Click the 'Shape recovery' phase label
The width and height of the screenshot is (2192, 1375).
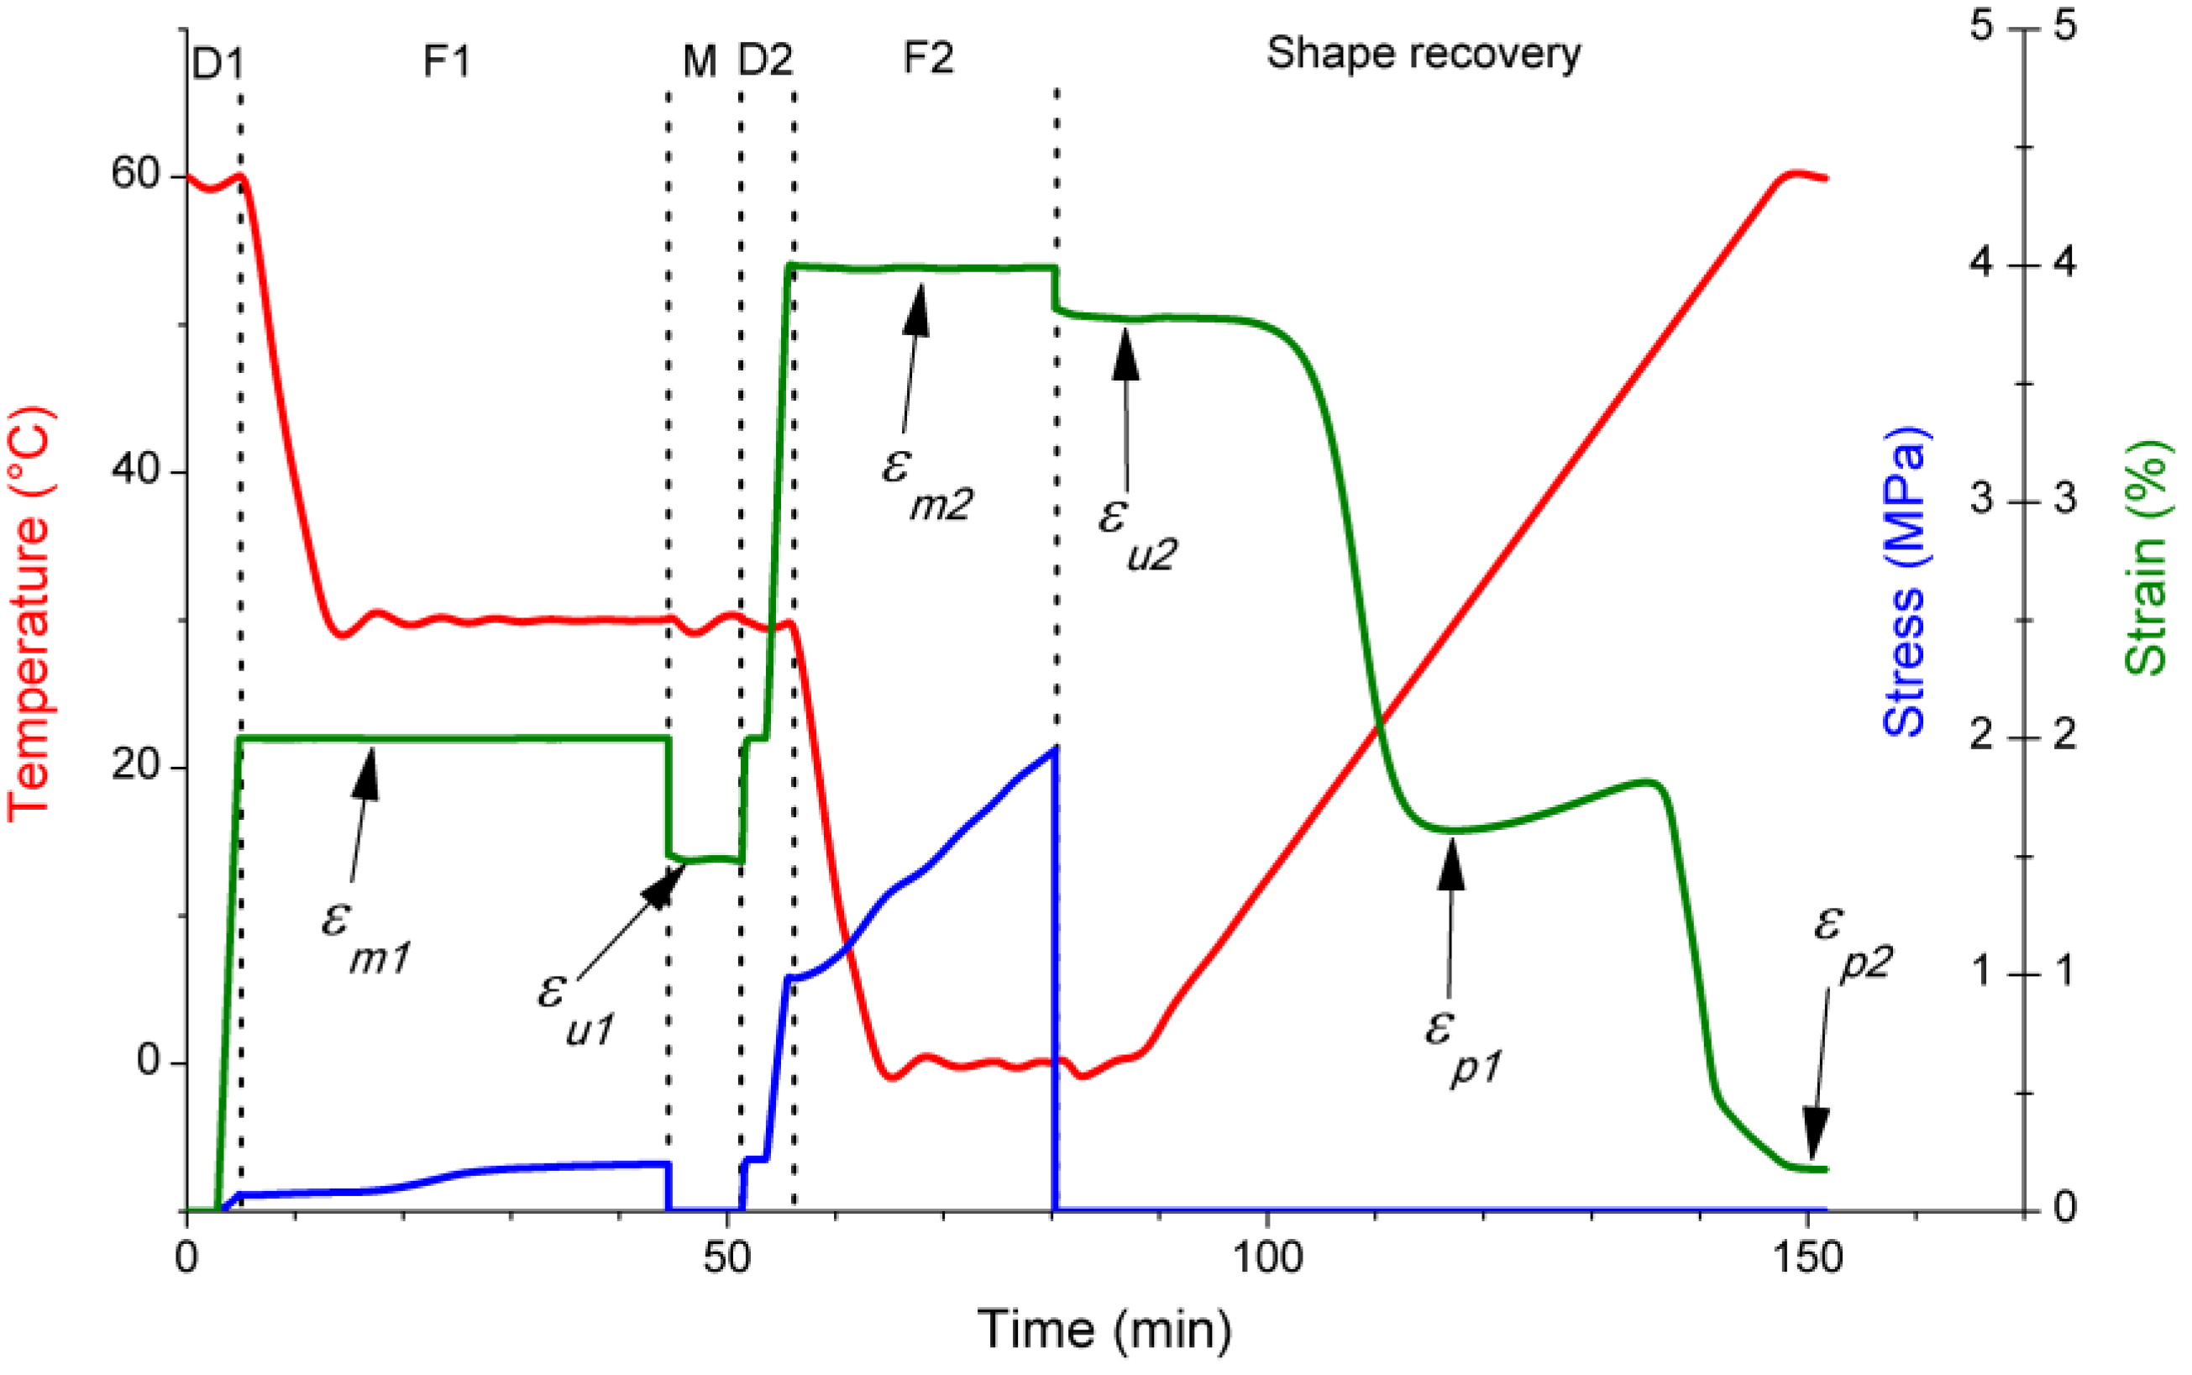click(x=1423, y=55)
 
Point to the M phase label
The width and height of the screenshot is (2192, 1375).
click(x=699, y=62)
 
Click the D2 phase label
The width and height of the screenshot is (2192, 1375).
click(x=764, y=60)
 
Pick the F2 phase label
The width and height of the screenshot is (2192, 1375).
click(x=928, y=58)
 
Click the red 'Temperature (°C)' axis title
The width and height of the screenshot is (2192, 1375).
click(x=29, y=615)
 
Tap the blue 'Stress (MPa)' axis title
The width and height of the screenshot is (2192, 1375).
click(x=1904, y=582)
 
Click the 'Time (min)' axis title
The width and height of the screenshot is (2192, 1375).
click(x=1104, y=1330)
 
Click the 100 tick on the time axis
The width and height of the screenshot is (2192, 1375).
click(x=1266, y=1257)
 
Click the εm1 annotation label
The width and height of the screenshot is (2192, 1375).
click(x=364, y=937)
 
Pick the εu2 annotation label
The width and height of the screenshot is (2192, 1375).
click(x=1136, y=532)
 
